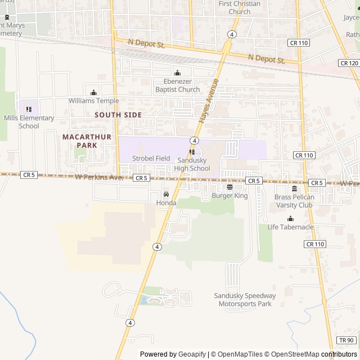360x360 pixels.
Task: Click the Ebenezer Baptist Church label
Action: (x=178, y=85)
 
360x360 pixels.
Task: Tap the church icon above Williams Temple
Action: (x=94, y=93)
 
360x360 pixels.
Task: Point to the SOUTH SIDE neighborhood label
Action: (x=118, y=115)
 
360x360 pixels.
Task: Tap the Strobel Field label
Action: (x=151, y=159)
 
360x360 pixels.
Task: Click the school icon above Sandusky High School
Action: (x=192, y=151)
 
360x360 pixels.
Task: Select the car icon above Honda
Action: (x=166, y=195)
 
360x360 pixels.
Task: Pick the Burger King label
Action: (x=229, y=196)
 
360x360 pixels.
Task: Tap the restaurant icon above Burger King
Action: (x=229, y=187)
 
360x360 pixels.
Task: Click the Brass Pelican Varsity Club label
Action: (x=294, y=201)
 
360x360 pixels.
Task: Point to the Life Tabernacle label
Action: (x=290, y=227)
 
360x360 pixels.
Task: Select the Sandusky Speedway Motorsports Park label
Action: (x=245, y=300)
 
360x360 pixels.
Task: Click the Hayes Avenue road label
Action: (x=208, y=101)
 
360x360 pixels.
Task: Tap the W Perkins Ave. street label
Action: (x=98, y=177)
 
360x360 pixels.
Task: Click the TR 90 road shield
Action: (x=346, y=340)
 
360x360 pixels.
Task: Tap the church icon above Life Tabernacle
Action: (x=290, y=219)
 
